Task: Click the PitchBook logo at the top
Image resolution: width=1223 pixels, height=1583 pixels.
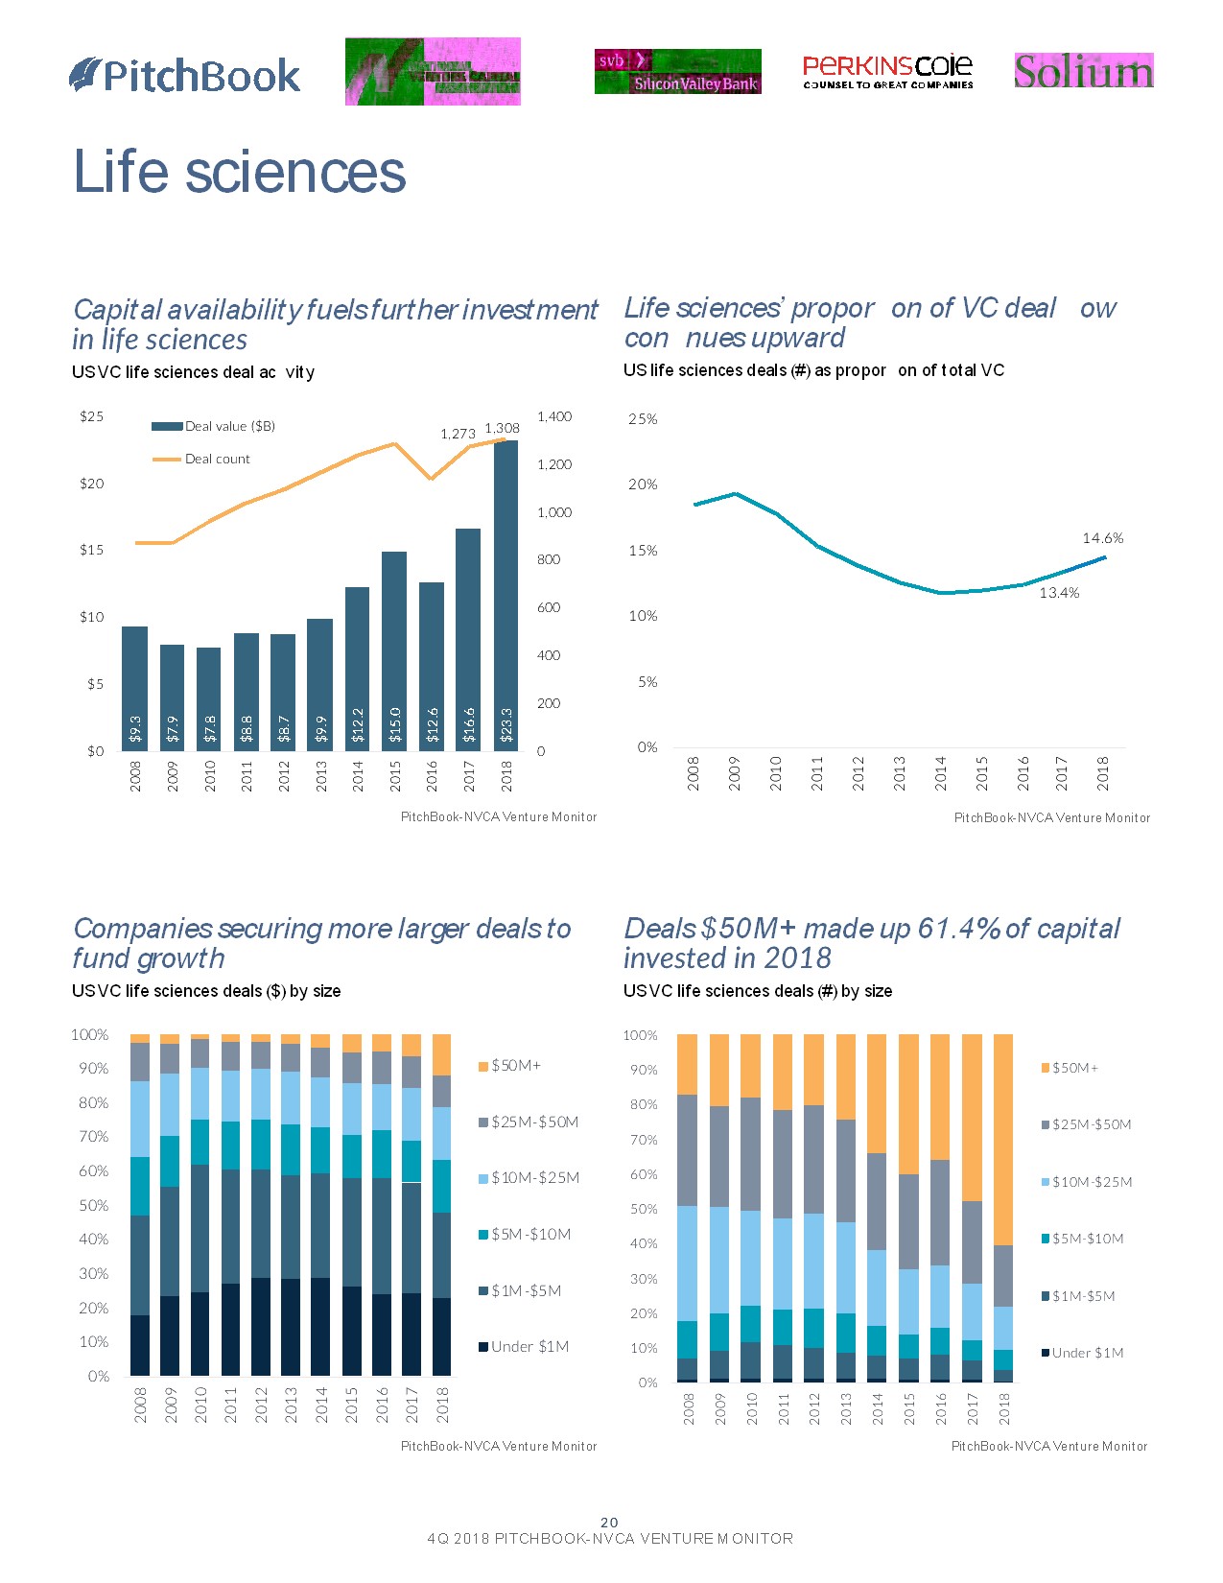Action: pos(185,76)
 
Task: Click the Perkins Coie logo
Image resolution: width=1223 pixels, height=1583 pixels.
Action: pos(887,71)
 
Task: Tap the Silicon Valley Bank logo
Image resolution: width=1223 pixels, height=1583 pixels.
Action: pos(677,72)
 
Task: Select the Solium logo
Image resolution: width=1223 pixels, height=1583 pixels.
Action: pos(1083,71)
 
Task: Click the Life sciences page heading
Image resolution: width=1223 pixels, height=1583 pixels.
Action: pos(240,172)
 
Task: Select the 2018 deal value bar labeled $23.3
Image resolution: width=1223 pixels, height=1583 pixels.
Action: pos(506,595)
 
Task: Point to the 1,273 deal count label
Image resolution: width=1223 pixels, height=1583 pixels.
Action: pos(458,434)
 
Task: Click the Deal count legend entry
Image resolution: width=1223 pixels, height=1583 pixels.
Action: pos(217,460)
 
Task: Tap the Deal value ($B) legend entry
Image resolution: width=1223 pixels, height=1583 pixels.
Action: pos(229,426)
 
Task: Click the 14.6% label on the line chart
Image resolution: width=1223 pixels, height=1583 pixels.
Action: pos(1102,538)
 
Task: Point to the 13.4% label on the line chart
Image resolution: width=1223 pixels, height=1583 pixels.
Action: pos(1059,593)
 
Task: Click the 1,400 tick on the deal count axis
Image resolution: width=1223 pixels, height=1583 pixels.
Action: pos(554,416)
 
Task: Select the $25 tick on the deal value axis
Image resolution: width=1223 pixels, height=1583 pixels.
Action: pos(92,416)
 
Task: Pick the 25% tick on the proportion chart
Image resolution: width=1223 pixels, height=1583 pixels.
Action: pos(643,419)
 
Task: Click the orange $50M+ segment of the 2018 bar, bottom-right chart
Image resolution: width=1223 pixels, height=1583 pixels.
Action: pos(1003,1139)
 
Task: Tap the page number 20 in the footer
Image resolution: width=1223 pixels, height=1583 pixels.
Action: pos(609,1523)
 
